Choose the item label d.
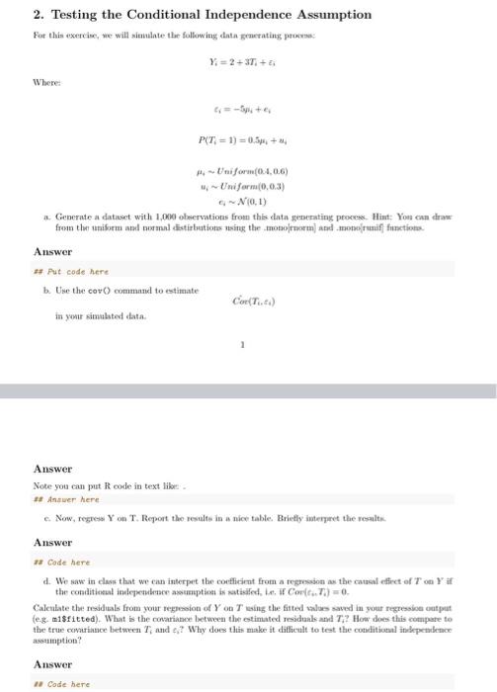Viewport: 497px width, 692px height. [47, 581]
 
